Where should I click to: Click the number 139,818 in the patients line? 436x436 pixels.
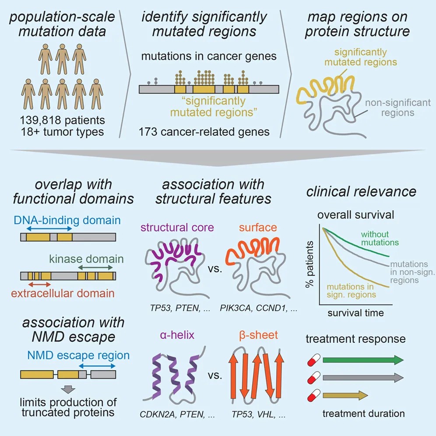(40, 120)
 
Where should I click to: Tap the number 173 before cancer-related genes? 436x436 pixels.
(148, 132)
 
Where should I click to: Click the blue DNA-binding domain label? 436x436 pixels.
(67, 220)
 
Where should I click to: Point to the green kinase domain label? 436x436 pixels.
(87, 259)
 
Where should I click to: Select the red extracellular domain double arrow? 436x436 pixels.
(39, 285)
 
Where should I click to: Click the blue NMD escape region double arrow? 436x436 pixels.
(97, 366)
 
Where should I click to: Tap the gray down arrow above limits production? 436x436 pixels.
(68, 389)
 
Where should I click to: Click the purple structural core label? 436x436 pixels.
(177, 228)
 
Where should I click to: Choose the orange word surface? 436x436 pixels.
(258, 228)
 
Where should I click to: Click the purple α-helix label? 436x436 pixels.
(177, 335)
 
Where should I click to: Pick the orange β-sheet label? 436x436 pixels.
(258, 335)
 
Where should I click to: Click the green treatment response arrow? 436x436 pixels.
(363, 360)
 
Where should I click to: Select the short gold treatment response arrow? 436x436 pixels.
(345, 395)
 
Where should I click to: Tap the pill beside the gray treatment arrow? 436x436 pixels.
(314, 378)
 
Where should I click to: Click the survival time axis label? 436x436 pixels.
(355, 313)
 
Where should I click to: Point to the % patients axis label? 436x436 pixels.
(309, 264)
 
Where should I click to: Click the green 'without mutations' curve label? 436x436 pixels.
(380, 238)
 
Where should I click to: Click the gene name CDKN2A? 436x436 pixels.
(158, 415)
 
